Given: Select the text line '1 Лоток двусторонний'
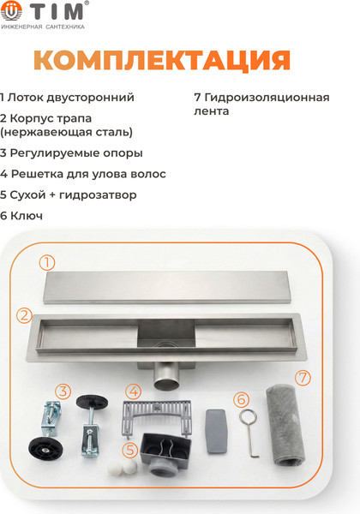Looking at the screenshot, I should coord(68,98).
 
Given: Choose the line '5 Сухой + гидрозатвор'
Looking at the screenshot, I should coord(69,194).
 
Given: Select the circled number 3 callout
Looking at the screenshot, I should coord(63,391).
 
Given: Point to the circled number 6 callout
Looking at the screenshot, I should coord(241,399).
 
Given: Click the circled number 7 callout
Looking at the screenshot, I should coord(302,377).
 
